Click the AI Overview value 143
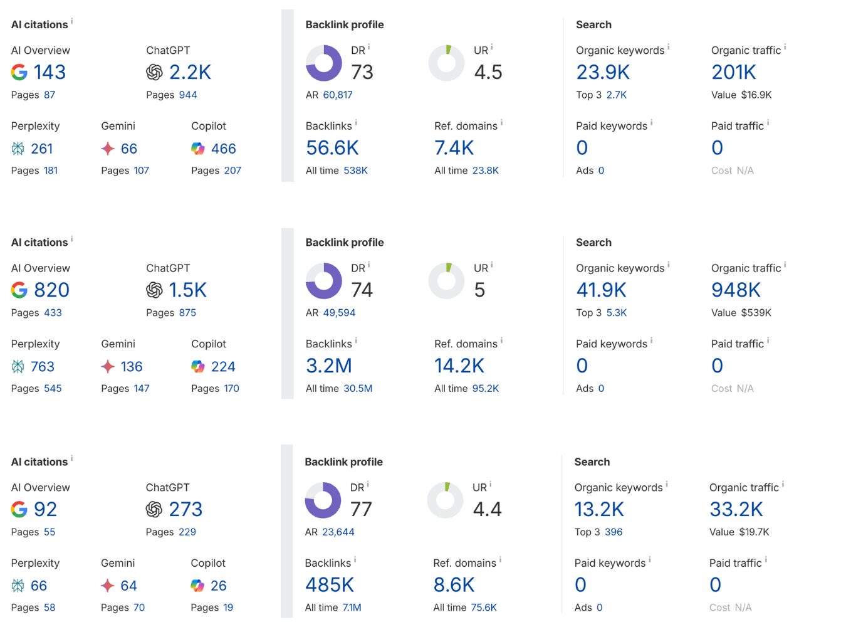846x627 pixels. point(50,72)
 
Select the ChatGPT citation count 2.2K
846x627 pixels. point(190,72)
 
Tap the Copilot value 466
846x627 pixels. point(223,149)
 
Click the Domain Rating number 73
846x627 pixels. point(362,72)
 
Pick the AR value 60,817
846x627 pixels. point(338,95)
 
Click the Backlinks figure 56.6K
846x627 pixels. point(332,148)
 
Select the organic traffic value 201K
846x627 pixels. point(734,72)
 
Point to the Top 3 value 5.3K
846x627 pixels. point(617,312)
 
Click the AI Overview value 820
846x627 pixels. point(51,290)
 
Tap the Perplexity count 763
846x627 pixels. point(43,366)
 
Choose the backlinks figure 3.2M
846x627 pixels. point(329,366)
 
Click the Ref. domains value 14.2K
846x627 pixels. point(459,366)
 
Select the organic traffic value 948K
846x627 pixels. point(736,290)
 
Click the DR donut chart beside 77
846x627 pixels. point(323,500)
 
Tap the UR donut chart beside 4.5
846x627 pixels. point(446,63)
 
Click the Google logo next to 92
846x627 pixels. point(19,509)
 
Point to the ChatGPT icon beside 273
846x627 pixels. point(154,509)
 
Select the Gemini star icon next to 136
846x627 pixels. point(108,366)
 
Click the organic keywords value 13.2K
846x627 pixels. point(599,509)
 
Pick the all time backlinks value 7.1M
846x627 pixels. point(352,607)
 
